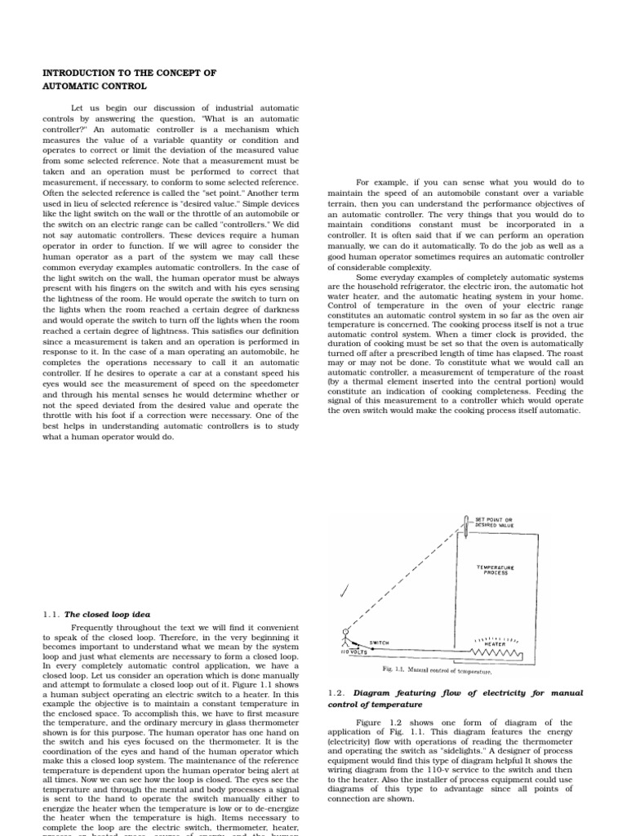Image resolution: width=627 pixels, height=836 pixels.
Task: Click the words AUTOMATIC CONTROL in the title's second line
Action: point(95,86)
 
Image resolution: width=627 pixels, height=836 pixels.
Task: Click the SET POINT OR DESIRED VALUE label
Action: point(495,523)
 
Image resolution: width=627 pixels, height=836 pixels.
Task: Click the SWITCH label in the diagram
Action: point(380,643)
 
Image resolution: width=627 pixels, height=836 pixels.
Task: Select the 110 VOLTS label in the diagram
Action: point(354,652)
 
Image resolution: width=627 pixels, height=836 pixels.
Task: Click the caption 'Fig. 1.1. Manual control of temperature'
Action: point(437,670)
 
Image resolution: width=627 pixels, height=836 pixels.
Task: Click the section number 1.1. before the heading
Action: point(51,614)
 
